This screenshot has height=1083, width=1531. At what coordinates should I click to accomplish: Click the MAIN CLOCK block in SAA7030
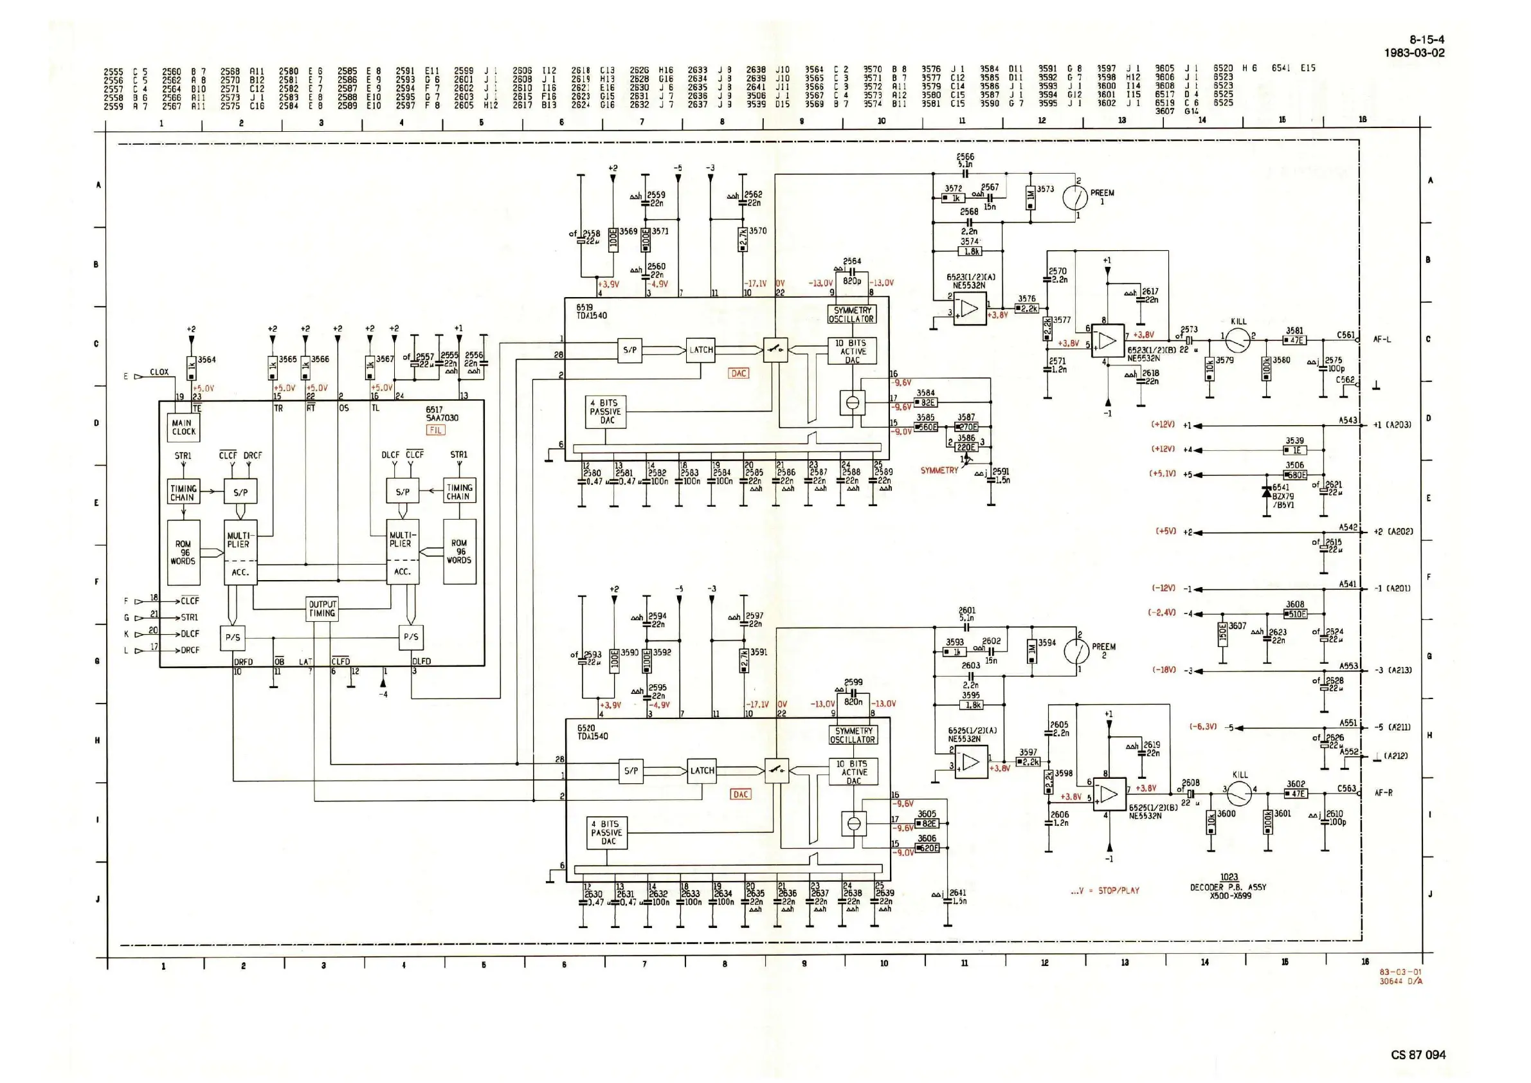tap(183, 428)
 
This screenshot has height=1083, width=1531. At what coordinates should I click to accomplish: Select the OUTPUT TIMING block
tap(322, 609)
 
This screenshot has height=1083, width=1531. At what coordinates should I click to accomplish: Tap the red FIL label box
tap(435, 430)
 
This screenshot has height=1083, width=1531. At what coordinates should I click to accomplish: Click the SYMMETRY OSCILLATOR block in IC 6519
tap(851, 314)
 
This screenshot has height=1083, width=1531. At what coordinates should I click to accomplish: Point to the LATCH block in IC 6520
tap(702, 770)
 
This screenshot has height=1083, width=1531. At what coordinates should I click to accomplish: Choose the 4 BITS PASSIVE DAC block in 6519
tap(606, 412)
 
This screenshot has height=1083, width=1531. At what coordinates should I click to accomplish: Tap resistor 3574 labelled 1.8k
tap(970, 251)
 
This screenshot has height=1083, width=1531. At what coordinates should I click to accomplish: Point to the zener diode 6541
tap(1266, 492)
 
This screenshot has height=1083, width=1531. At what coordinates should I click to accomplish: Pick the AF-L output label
tap(1382, 340)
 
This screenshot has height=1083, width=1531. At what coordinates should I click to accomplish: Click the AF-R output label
tap(1384, 793)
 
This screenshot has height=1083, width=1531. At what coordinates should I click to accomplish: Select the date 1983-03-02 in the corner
tap(1415, 53)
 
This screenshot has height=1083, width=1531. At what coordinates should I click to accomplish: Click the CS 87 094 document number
tap(1418, 1054)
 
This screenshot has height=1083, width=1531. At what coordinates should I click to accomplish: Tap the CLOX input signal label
tap(159, 372)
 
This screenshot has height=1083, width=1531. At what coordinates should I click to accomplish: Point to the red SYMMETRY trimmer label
tap(939, 470)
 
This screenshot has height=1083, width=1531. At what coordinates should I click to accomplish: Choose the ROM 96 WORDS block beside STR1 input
tap(183, 552)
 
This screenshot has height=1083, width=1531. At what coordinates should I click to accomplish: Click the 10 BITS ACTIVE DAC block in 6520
tap(853, 772)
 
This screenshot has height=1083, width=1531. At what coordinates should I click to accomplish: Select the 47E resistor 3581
tap(1295, 340)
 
